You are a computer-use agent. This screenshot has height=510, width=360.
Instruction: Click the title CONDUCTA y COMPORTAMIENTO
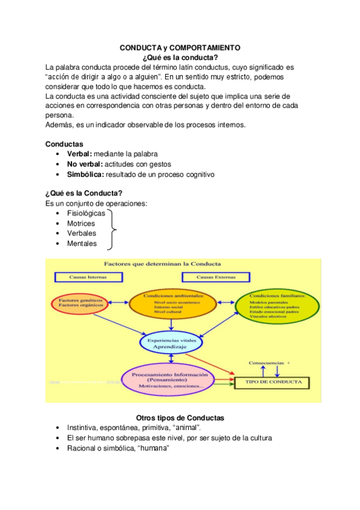click(x=180, y=48)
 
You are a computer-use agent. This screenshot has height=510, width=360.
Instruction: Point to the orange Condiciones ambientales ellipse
click(x=173, y=304)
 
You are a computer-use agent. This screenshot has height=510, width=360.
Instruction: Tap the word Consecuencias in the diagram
click(x=267, y=363)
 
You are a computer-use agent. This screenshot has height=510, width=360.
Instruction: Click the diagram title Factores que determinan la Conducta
click(x=162, y=263)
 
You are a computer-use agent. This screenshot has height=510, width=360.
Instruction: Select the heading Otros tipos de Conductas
click(x=180, y=418)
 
